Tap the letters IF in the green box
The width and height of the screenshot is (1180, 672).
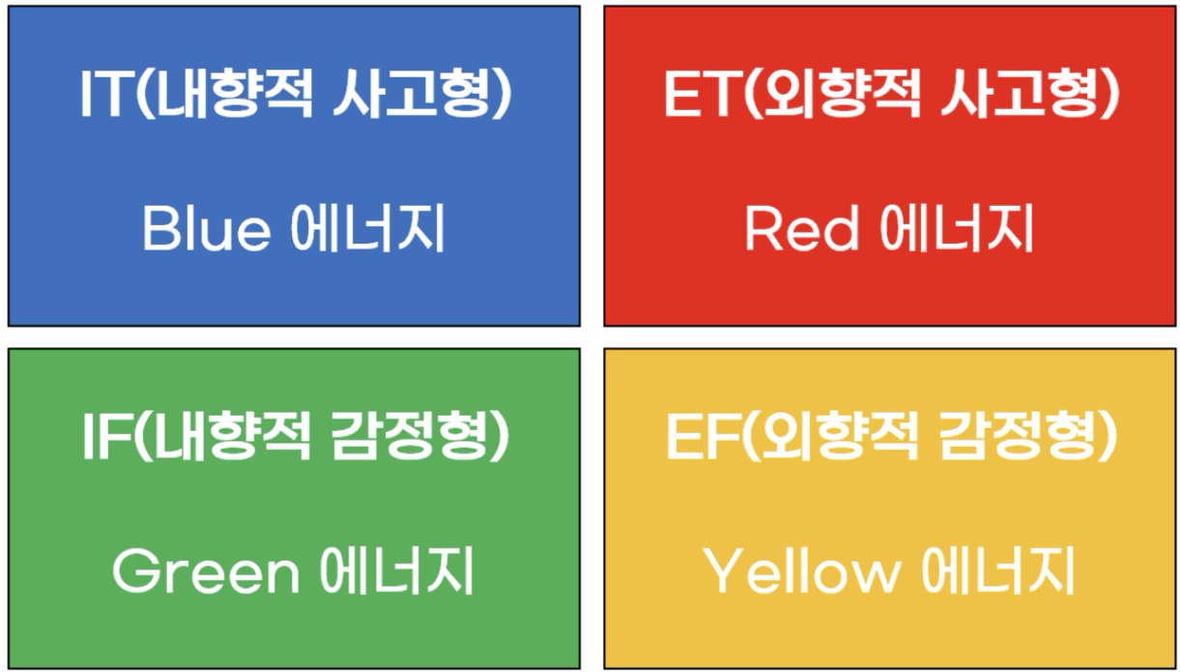(107, 437)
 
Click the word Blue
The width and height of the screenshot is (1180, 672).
(207, 227)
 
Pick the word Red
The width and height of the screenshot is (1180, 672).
(802, 227)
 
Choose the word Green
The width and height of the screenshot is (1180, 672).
(206, 571)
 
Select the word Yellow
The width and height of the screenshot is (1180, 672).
(802, 571)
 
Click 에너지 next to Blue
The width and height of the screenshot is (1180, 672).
(368, 227)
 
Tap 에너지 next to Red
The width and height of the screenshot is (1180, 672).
(957, 227)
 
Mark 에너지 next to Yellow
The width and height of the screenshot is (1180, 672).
(997, 571)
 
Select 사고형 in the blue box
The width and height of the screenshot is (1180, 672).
(414, 93)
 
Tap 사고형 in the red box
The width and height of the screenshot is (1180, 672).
(1022, 93)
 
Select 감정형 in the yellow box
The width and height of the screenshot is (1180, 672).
(1020, 437)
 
